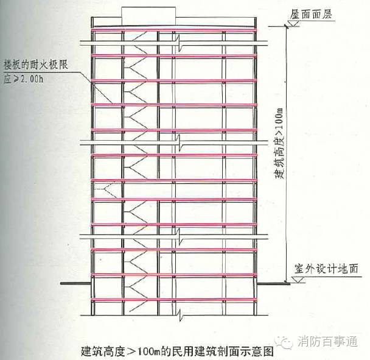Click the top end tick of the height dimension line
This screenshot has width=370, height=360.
pos(286,24)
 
